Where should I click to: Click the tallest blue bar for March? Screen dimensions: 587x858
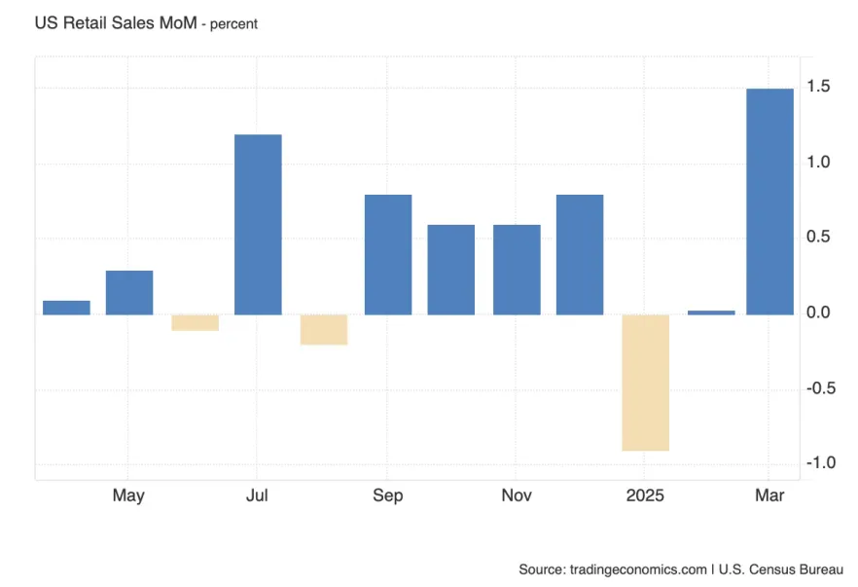pos(769,202)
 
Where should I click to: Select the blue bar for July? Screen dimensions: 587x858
pos(258,224)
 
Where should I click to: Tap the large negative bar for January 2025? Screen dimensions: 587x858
pos(645,383)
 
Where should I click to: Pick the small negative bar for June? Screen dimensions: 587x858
pos(195,322)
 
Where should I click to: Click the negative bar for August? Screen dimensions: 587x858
pos(323,330)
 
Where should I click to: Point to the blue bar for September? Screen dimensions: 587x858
pos(387,254)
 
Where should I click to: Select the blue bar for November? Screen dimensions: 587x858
pos(517,270)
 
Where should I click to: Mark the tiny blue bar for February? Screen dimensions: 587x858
pos(711,312)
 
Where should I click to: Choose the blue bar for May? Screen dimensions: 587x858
pos(129,292)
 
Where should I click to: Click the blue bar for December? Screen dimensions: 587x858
pos(580,254)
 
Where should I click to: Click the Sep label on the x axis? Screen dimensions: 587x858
pos(387,495)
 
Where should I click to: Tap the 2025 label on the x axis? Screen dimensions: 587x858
pos(645,495)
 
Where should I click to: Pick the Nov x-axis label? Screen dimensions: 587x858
pos(517,495)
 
